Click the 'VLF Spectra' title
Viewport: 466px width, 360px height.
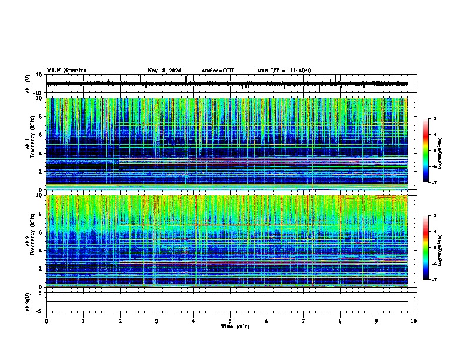[x=66, y=71]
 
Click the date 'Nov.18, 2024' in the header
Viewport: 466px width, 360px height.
[x=164, y=71]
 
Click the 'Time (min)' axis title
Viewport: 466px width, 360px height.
[x=234, y=326]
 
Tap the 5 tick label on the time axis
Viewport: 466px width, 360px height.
[x=230, y=321]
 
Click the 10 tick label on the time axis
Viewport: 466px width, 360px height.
[x=414, y=321]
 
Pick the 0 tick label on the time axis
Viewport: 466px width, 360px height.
[x=46, y=321]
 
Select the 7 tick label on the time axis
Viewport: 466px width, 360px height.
[x=304, y=321]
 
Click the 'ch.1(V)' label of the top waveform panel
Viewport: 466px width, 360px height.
[x=28, y=84]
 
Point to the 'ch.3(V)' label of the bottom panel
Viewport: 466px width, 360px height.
[x=28, y=301]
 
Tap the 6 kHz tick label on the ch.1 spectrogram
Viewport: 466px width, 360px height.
[x=41, y=135]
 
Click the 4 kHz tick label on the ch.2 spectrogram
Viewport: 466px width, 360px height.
[x=41, y=251]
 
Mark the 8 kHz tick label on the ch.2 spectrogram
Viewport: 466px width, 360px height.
[x=41, y=214]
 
